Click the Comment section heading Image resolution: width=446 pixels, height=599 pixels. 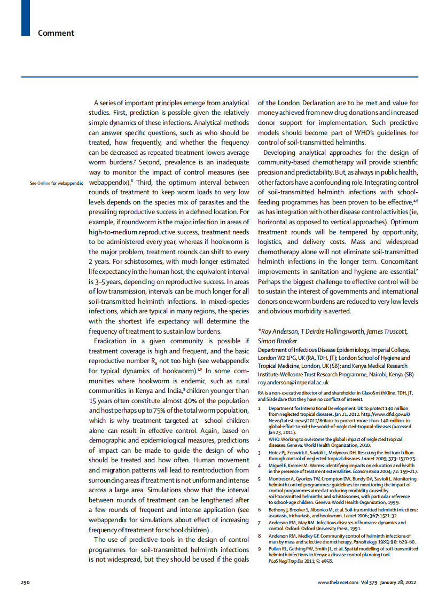(x=56, y=33)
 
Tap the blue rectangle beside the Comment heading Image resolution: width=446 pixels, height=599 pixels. (x=25, y=18)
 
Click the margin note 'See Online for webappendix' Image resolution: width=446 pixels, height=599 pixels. (x=56, y=183)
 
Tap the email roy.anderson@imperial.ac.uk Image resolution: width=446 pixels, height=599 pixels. (x=293, y=383)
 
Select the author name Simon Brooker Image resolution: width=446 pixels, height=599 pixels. (x=277, y=341)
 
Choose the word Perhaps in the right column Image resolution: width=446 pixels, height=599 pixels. (x=271, y=281)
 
